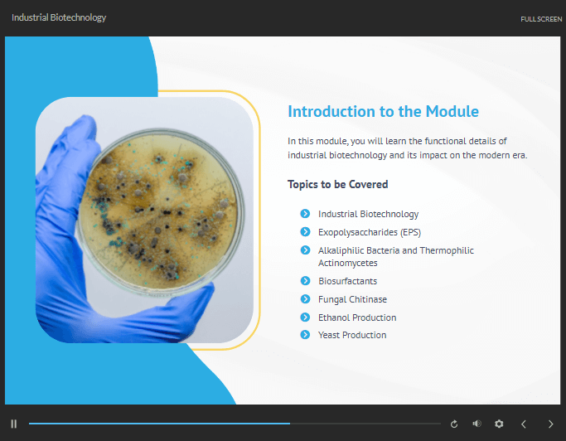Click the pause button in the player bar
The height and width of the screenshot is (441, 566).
tap(14, 424)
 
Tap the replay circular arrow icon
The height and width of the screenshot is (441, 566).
tap(454, 424)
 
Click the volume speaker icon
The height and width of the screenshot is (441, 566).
tap(477, 424)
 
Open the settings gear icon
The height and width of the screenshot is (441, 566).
tap(499, 424)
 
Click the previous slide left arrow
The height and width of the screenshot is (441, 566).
tap(524, 424)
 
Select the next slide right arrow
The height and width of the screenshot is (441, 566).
tap(550, 424)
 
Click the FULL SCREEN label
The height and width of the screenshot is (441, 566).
tap(541, 19)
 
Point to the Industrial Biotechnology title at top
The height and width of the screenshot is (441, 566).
tap(59, 17)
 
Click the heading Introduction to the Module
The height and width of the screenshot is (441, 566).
tap(383, 111)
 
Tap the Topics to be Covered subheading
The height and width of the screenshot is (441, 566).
tap(337, 184)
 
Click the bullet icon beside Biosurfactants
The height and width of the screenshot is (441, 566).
tap(306, 281)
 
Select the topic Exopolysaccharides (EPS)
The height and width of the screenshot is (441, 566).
tap(370, 232)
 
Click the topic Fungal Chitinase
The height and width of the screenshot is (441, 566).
tap(352, 299)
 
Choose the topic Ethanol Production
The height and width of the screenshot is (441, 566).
tap(357, 317)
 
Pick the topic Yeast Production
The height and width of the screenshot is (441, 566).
tap(352, 335)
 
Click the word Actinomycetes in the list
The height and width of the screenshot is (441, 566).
tap(347, 264)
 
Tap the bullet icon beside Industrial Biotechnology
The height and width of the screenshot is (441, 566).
tap(306, 214)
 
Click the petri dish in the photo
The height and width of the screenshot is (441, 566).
tap(159, 212)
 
